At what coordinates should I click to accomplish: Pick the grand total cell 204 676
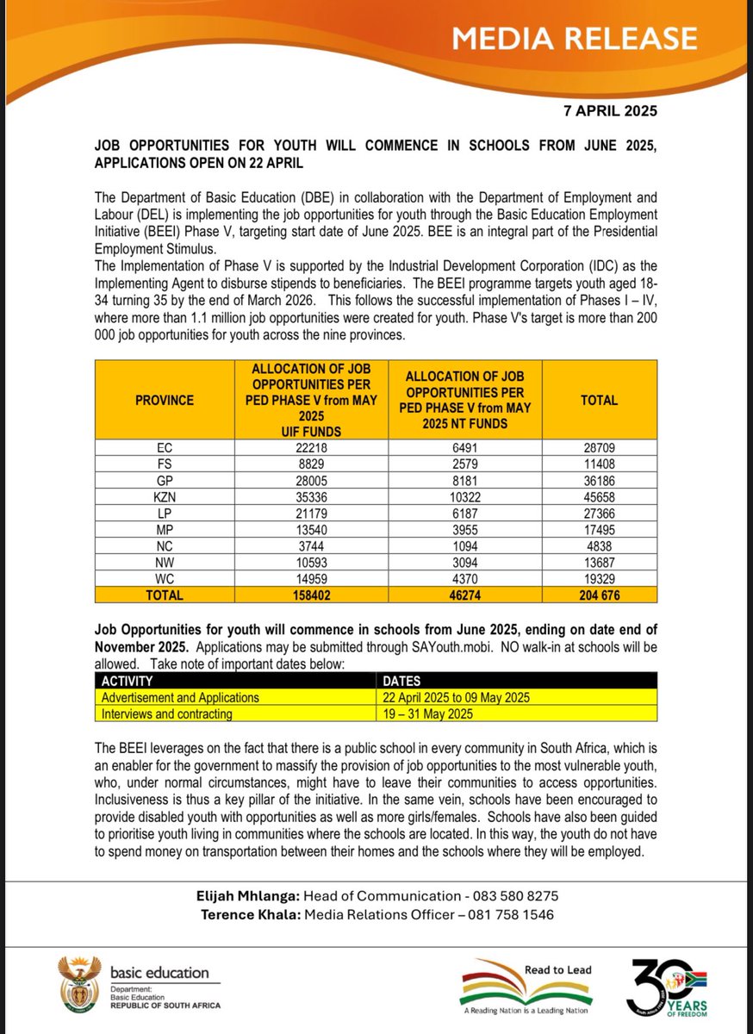tap(608, 595)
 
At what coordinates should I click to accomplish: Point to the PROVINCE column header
tap(164, 400)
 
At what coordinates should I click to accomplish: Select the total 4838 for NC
tap(608, 546)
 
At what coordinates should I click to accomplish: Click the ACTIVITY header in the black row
tap(127, 681)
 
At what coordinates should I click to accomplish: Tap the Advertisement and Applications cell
tap(180, 697)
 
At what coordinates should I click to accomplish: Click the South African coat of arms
tap(78, 984)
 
